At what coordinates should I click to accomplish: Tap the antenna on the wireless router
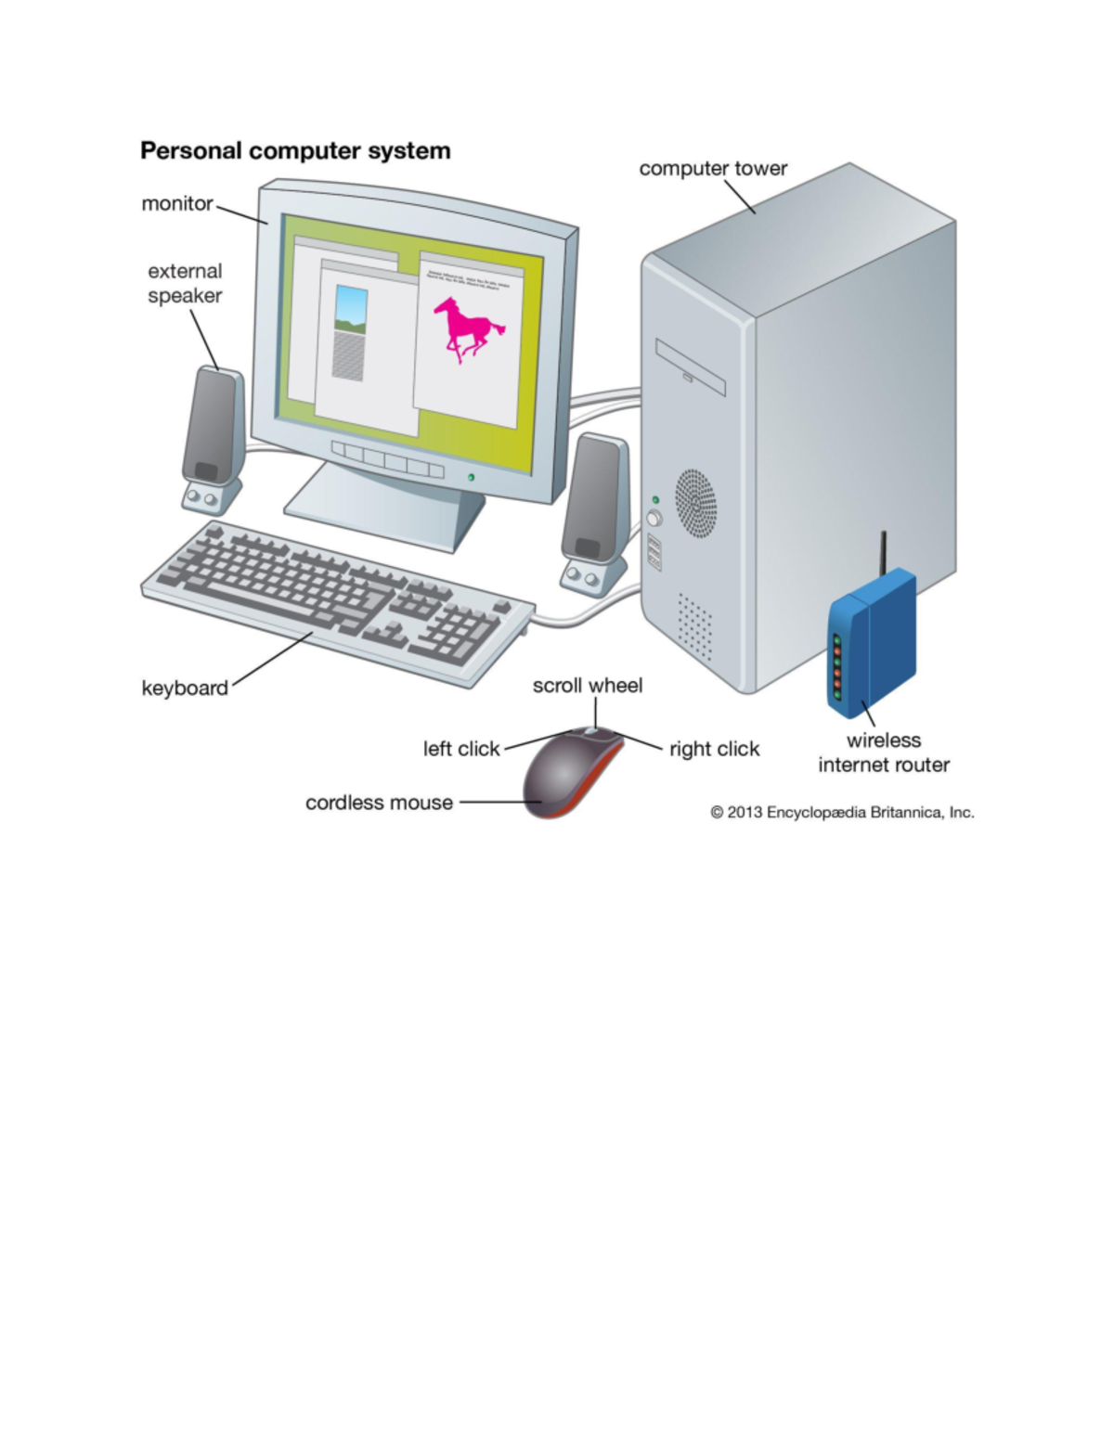point(884,553)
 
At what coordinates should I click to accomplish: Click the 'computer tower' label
point(712,169)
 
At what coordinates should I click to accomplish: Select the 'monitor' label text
point(176,204)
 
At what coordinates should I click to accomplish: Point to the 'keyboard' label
point(184,688)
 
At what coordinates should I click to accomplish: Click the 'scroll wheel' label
point(587,686)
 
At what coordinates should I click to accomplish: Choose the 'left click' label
point(460,749)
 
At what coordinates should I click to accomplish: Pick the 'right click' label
point(714,749)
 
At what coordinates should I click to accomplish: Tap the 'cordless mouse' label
point(379,803)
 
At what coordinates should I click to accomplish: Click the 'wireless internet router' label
point(883,753)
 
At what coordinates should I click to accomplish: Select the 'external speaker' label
point(185,283)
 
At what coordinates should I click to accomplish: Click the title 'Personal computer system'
point(295,151)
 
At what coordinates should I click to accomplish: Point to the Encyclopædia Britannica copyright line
point(842,813)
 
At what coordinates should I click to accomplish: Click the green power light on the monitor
point(472,477)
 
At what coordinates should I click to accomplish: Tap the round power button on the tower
point(654,518)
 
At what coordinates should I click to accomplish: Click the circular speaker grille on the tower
point(695,503)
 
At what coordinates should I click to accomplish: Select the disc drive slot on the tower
point(690,367)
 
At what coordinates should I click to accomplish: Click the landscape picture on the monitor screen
point(350,309)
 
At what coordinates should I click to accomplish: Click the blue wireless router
point(871,645)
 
